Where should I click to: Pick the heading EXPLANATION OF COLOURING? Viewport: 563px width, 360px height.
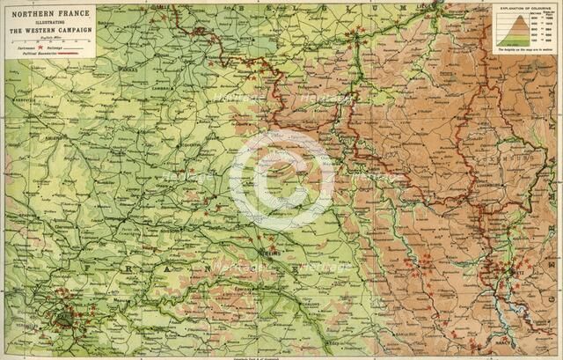(523, 11)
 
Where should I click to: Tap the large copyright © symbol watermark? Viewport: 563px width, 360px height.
(280, 180)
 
